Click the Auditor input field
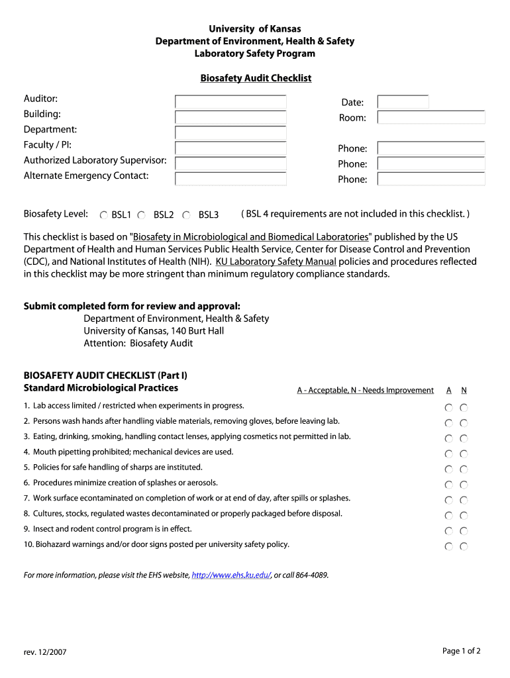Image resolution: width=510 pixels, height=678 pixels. click(x=230, y=102)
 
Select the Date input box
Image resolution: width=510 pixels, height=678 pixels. click(x=403, y=102)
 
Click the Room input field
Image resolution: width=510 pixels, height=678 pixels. click(x=431, y=117)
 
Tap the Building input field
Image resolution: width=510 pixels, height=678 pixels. click(x=230, y=117)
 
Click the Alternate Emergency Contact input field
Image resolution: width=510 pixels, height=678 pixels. click(x=230, y=178)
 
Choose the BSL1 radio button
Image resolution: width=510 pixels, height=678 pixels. click(x=104, y=215)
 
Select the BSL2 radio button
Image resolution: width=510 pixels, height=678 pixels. click(x=142, y=215)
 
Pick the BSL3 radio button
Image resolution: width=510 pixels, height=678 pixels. click(x=187, y=215)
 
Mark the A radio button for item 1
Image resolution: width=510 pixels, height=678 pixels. click(x=449, y=408)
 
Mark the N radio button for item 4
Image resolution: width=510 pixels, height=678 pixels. click(x=464, y=454)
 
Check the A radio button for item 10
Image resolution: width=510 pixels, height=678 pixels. click(x=449, y=546)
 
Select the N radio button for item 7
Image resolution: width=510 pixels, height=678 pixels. click(x=464, y=501)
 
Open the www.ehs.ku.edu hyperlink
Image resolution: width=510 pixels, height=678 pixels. click(x=231, y=575)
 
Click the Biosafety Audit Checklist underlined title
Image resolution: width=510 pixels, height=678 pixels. click(x=256, y=78)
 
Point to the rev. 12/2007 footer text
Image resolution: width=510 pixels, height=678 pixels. click(x=45, y=652)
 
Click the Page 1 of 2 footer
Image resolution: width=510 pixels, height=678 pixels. click(x=461, y=651)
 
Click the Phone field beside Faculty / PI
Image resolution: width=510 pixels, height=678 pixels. click(x=431, y=148)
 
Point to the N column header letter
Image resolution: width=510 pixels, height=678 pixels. click(x=464, y=391)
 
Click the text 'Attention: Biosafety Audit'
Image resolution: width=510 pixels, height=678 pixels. click(x=138, y=343)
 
